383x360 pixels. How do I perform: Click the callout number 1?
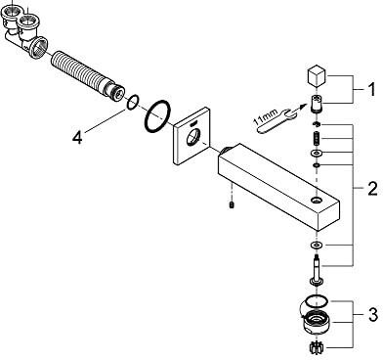click(371, 89)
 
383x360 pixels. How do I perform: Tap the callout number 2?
click(372, 189)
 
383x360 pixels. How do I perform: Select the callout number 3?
click(373, 314)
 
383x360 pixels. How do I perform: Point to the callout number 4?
click(77, 137)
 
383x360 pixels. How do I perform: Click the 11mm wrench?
click(273, 121)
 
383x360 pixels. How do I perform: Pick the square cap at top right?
click(317, 77)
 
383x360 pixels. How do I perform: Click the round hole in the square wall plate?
click(192, 137)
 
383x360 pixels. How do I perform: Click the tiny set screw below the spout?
click(232, 204)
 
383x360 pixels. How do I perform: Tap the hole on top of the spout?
click(316, 200)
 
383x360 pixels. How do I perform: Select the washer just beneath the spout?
click(316, 245)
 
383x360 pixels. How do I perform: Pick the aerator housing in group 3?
click(316, 321)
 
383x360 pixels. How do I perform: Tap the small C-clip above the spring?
click(317, 124)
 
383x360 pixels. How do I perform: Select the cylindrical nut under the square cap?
click(316, 104)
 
